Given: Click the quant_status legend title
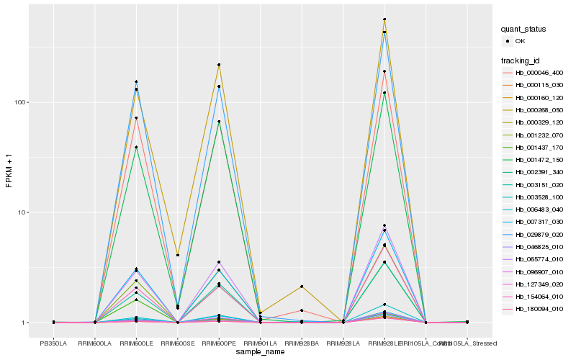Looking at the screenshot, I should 524,30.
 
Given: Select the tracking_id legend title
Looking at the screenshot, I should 522,60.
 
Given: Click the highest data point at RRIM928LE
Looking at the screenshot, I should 384,19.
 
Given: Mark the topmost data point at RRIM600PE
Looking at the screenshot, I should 219,65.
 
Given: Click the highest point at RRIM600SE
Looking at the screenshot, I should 178,255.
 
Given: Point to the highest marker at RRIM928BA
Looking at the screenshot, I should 302,287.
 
